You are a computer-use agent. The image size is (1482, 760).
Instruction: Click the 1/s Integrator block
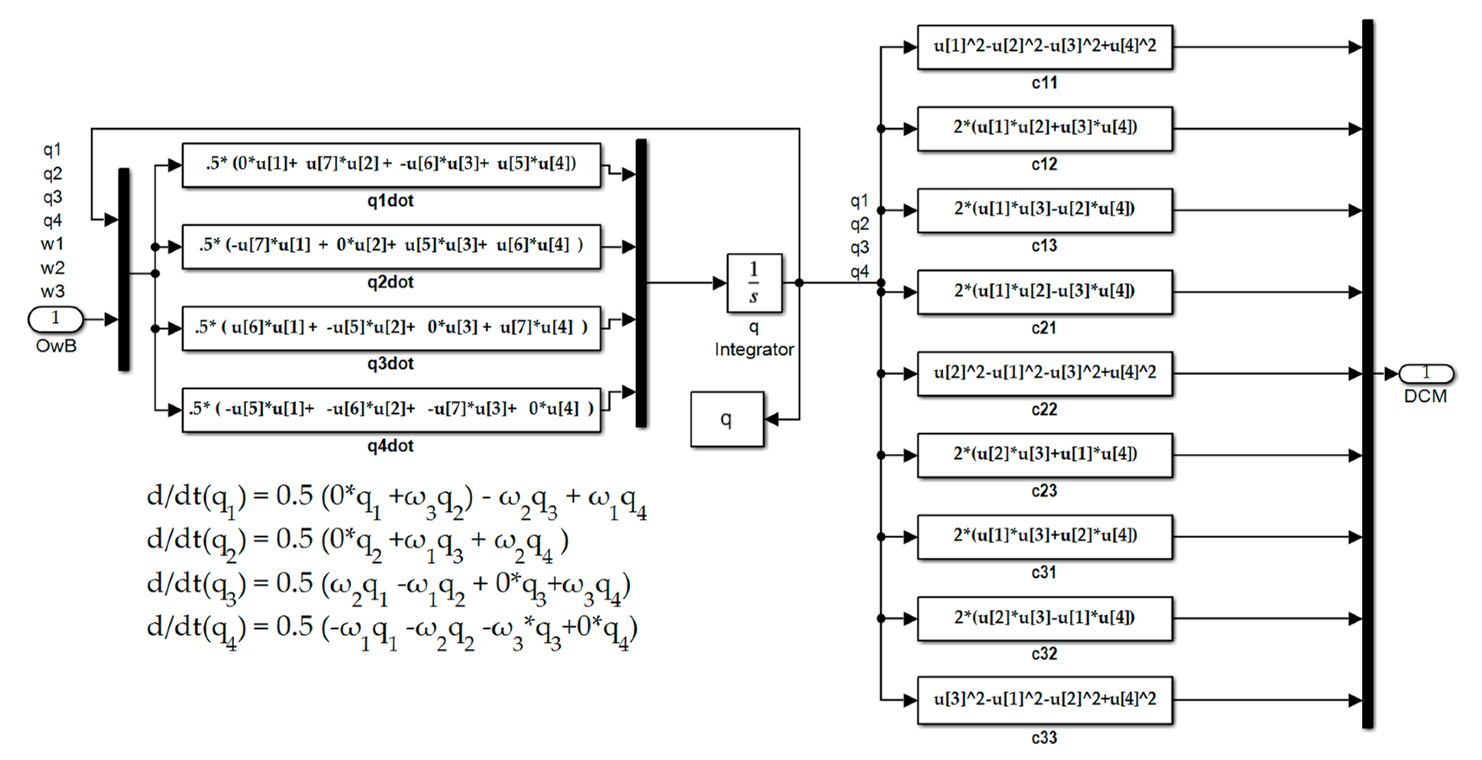coord(754,283)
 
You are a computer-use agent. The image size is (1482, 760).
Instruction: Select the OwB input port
coord(56,318)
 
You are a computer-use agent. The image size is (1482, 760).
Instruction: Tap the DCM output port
coord(1426,374)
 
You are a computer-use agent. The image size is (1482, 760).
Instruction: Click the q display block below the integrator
coord(726,419)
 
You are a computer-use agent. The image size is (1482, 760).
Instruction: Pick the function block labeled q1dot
coord(391,165)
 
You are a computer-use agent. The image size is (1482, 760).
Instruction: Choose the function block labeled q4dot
coord(391,409)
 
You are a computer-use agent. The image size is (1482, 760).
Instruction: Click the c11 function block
coord(1044,47)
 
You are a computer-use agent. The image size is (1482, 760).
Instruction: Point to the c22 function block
coord(1044,373)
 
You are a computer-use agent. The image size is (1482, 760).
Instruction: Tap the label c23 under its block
coord(1043,490)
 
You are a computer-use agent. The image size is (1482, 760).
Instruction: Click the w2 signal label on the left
coord(52,268)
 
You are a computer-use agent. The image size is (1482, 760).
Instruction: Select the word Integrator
coord(754,350)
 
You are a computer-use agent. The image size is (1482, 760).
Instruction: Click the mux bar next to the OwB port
coord(124,270)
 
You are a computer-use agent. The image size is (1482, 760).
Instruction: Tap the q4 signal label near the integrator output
coord(859,271)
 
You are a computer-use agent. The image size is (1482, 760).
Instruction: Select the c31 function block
coord(1044,536)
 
